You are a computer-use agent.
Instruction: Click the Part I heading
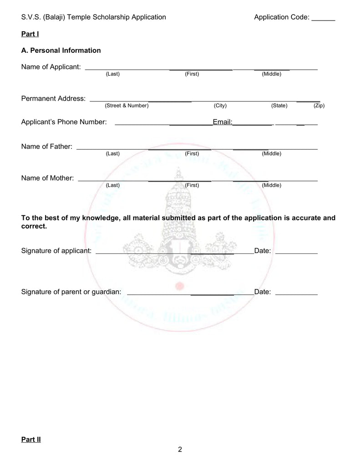click(30, 34)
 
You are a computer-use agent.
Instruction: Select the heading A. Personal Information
click(61, 51)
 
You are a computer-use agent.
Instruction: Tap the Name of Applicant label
click(51, 67)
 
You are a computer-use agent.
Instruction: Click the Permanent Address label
click(53, 99)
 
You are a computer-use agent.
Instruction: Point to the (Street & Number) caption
click(127, 106)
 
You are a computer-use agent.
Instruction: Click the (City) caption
click(220, 106)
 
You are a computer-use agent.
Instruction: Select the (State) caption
click(279, 106)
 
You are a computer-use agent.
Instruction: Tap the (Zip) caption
click(319, 106)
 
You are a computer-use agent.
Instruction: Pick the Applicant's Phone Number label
click(64, 122)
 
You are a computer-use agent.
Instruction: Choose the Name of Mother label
click(47, 178)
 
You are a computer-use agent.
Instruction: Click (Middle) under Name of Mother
click(271, 185)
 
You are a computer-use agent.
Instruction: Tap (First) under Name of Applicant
click(192, 74)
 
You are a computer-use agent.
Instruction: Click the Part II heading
click(31, 440)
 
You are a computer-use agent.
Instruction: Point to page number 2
click(180, 450)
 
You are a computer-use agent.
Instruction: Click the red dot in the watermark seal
click(179, 286)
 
